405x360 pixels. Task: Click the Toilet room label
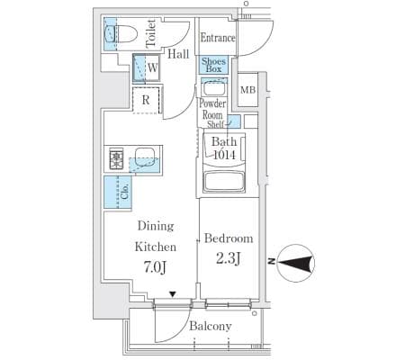pos(151,33)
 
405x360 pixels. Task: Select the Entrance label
pos(218,38)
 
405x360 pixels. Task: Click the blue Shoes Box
pos(213,65)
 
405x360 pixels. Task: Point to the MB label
pos(248,90)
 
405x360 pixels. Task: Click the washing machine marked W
pos(146,67)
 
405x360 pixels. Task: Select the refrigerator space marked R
pos(146,100)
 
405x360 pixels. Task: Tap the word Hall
pos(178,54)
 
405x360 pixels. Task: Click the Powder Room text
pos(212,109)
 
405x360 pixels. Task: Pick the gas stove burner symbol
pos(116,158)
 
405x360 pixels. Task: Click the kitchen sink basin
pos(145,157)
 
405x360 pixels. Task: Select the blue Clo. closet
pos(118,192)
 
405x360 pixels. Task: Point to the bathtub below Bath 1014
pos(224,182)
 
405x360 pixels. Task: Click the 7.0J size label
pos(155,267)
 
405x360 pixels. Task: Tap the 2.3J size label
pos(229,258)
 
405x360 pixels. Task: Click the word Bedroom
pos(229,238)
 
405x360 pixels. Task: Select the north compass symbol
pos(295,264)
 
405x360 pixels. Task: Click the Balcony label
pos(211,326)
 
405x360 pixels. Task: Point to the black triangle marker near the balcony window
pos(172,294)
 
